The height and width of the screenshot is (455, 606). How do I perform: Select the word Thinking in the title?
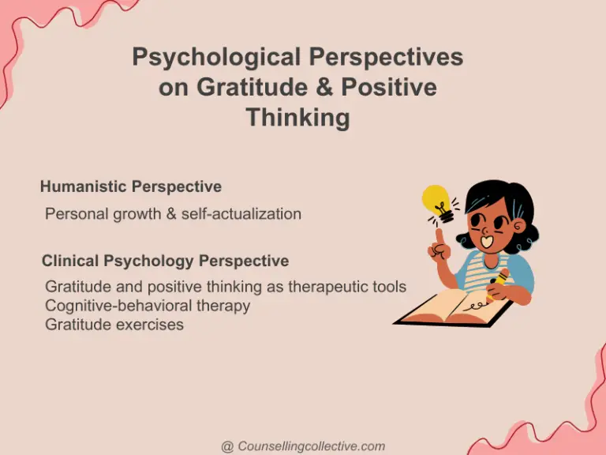297,118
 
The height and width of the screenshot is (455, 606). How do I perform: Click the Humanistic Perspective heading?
130,187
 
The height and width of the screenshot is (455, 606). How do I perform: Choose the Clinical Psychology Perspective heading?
165,261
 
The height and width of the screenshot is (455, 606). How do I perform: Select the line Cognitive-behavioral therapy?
148,306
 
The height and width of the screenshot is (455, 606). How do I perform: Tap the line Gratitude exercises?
114,325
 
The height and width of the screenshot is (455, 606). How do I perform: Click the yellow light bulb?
436,201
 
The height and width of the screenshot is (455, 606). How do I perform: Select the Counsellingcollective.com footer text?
311,446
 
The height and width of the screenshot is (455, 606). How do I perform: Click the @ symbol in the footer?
227,446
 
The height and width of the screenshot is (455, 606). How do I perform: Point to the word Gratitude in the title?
238,88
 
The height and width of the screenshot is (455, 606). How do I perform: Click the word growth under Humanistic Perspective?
130,214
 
